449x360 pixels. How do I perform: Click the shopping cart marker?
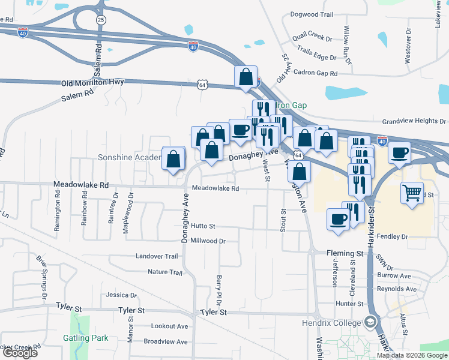[x=412, y=193]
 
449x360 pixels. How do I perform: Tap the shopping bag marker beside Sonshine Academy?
[x=173, y=160]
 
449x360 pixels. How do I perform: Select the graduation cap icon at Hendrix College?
[x=370, y=323]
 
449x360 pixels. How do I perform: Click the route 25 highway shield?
[x=101, y=20]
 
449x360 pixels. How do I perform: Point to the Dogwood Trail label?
[x=311, y=14]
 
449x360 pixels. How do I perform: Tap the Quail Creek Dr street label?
[x=312, y=38]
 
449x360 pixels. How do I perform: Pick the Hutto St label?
[x=203, y=226]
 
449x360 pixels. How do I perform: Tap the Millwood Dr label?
[x=207, y=241]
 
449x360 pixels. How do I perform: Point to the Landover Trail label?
[x=157, y=256]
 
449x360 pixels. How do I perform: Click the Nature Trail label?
[x=164, y=272]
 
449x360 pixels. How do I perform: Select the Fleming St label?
[x=345, y=254]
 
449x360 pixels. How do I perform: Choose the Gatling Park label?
[x=86, y=338]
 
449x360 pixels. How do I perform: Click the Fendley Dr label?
[x=392, y=237]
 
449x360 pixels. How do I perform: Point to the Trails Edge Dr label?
[x=316, y=57]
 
